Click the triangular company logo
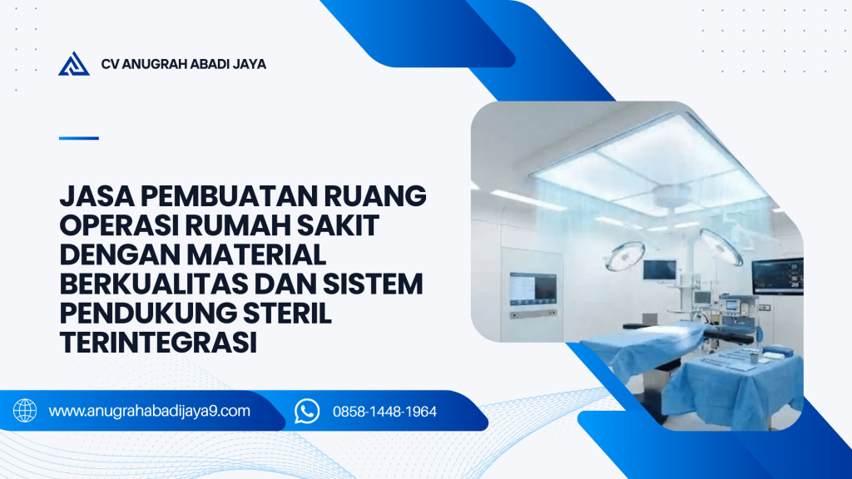(74, 64)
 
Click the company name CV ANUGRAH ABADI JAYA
(184, 64)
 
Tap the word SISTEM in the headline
(373, 284)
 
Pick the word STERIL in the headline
(287, 314)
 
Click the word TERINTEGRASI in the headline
(158, 343)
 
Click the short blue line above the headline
(79, 138)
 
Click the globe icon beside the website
(25, 411)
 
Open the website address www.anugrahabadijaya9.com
(150, 411)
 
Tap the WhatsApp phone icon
(307, 411)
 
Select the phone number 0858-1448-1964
(384, 412)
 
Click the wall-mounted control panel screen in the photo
(533, 289)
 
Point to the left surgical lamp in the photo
(625, 255)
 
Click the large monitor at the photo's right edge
(778, 276)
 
